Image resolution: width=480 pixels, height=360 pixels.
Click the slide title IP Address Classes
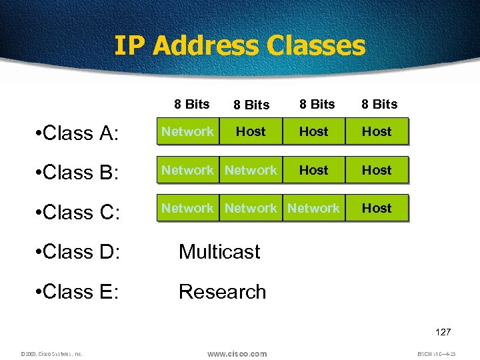(x=240, y=46)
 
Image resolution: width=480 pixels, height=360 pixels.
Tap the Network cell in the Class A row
(x=187, y=132)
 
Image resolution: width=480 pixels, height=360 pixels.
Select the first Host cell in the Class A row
(x=251, y=132)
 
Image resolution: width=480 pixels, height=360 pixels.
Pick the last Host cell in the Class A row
(x=377, y=132)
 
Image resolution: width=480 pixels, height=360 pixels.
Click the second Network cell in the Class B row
(x=251, y=171)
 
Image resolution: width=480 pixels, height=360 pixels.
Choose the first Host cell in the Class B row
(x=313, y=171)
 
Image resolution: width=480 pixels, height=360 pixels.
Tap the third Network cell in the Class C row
(x=313, y=209)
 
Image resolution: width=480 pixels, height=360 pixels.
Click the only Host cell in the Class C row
(x=377, y=209)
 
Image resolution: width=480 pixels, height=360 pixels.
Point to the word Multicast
(x=219, y=252)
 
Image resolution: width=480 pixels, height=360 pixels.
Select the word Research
(x=222, y=292)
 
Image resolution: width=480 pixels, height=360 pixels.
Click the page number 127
(x=443, y=332)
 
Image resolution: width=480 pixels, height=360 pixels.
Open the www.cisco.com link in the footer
(x=237, y=353)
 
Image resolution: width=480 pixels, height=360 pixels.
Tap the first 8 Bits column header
(x=191, y=104)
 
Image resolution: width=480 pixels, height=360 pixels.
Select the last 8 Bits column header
(x=379, y=104)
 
